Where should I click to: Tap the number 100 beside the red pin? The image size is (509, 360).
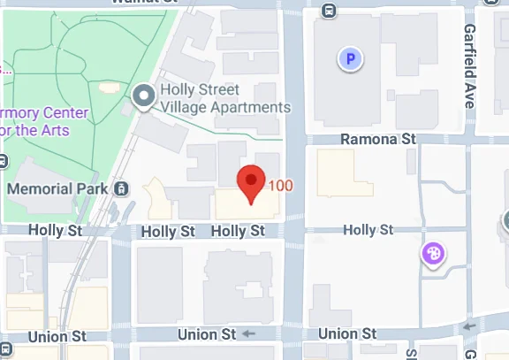tap(280, 186)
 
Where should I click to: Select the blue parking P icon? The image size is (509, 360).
tap(352, 60)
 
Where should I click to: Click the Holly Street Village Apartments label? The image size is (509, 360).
tap(224, 98)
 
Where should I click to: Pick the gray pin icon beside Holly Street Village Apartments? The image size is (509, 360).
tap(142, 97)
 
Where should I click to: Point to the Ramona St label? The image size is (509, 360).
tap(378, 139)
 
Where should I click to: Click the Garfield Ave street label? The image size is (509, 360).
tap(469, 65)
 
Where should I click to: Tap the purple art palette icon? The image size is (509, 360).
tap(434, 255)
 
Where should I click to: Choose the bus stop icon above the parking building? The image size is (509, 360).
tap(329, 11)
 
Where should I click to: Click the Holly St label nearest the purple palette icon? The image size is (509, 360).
tap(368, 230)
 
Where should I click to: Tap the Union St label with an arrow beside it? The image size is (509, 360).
tap(207, 334)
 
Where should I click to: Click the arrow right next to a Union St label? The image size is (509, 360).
tap(248, 334)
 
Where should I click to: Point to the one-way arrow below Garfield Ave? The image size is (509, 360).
tap(467, 328)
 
